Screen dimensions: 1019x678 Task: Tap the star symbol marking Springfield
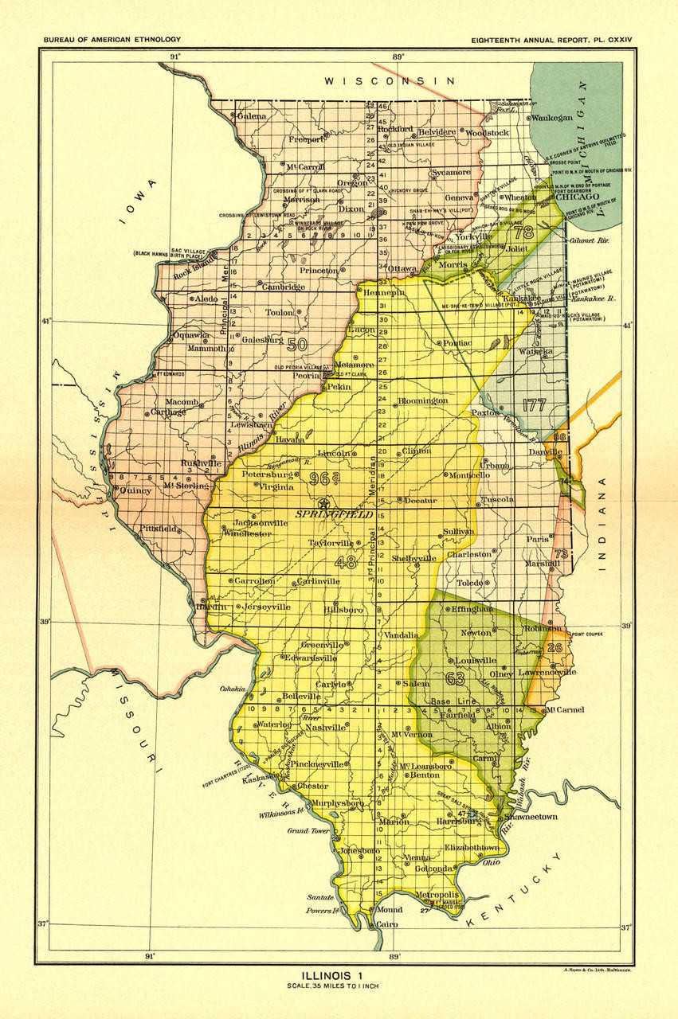323,503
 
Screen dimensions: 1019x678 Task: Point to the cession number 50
296,345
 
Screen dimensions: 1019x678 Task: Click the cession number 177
534,404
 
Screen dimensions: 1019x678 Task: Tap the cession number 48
346,562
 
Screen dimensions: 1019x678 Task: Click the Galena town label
251,116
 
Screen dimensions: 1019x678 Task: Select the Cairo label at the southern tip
387,924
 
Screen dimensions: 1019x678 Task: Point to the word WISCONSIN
388,81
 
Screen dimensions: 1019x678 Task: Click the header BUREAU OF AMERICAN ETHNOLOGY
112,39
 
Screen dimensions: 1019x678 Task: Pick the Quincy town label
135,490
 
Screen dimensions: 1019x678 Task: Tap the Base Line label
452,701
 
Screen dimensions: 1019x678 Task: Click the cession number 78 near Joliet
523,233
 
